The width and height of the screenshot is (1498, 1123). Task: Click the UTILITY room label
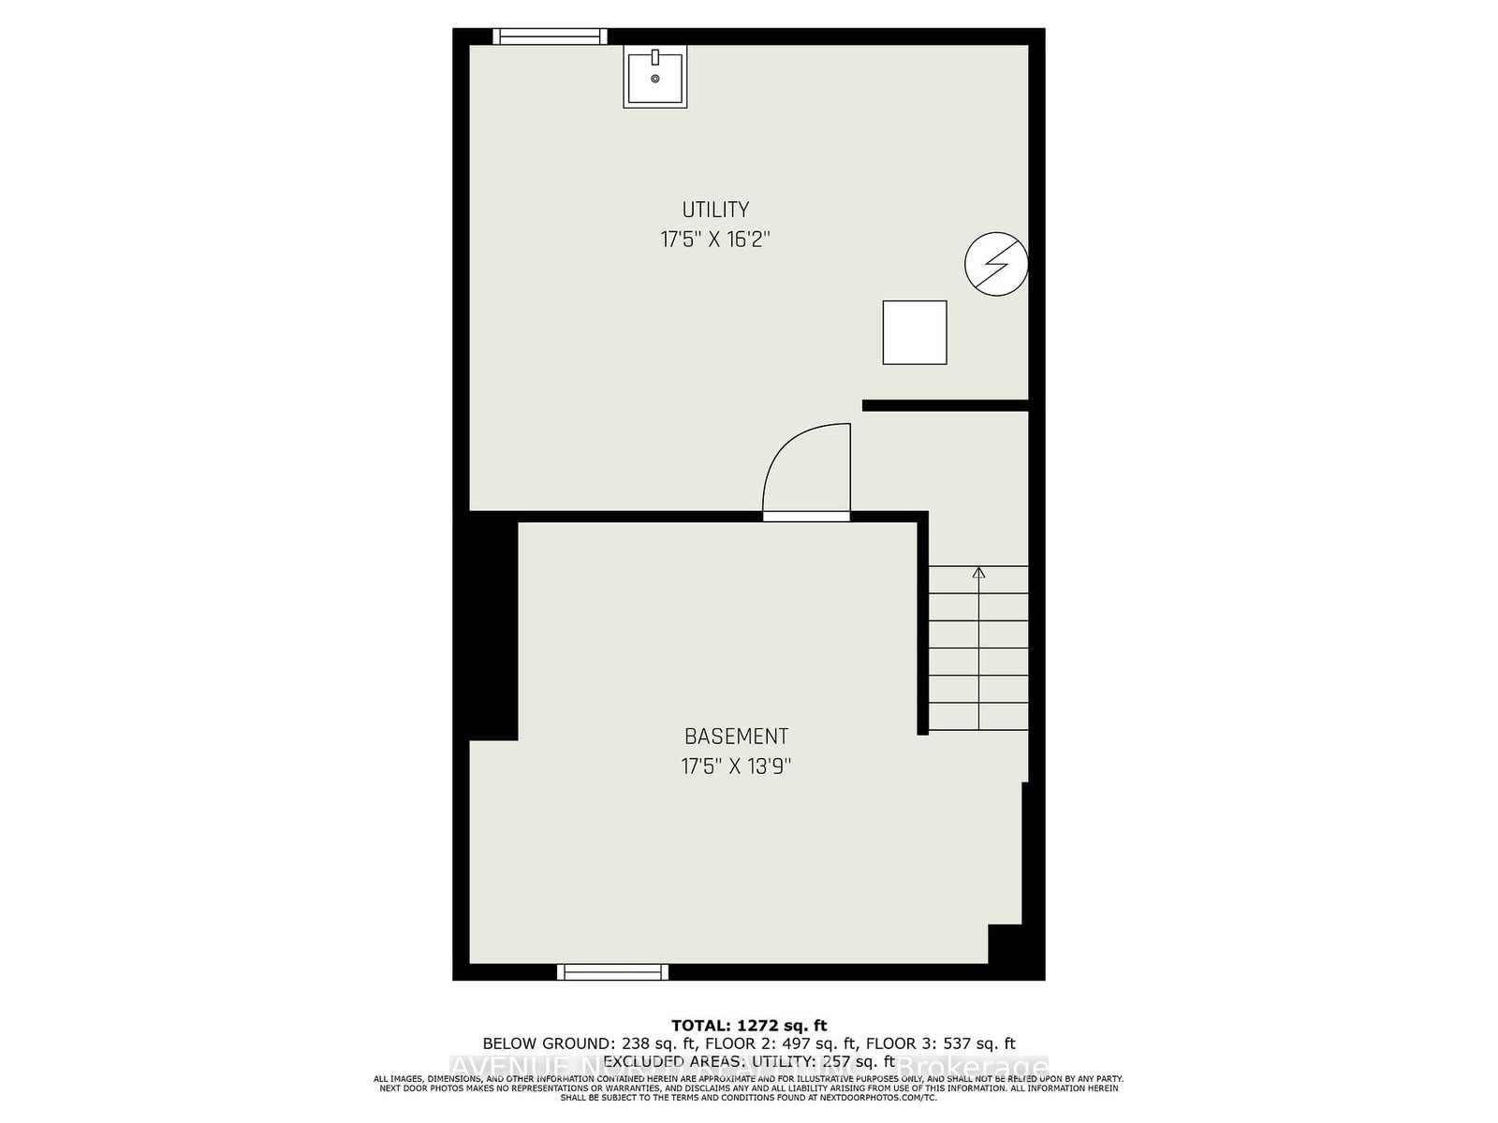tap(715, 210)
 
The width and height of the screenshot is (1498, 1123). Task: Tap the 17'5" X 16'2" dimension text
tap(715, 240)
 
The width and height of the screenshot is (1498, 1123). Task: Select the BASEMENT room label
tap(736, 737)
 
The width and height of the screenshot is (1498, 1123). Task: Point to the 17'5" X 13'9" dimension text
tap(736, 767)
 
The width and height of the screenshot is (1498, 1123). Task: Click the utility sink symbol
tap(654, 78)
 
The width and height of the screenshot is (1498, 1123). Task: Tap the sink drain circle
tap(654, 79)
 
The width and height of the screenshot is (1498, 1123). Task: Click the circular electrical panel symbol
tap(996, 264)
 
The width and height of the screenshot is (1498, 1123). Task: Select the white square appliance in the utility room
tap(914, 332)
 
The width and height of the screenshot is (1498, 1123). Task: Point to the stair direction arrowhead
tap(978, 572)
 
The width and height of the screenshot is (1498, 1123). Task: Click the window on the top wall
tap(551, 36)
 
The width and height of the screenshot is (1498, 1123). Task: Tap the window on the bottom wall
tap(613, 972)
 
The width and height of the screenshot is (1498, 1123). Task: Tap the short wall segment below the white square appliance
tap(945, 405)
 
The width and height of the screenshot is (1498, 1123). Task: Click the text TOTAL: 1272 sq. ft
tap(749, 1026)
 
